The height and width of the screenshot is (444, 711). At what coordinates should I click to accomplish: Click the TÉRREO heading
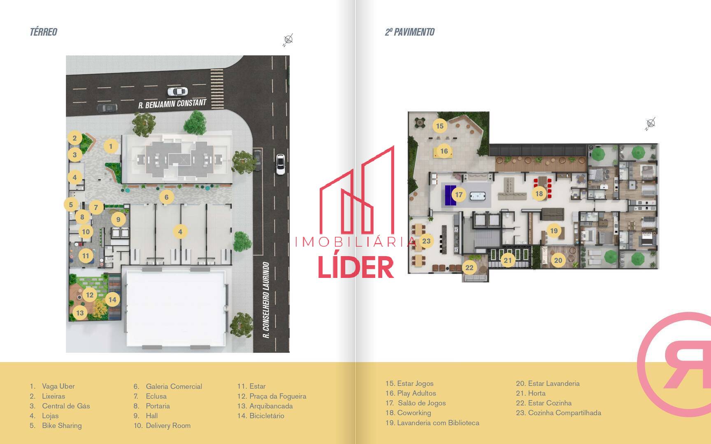pos(43,32)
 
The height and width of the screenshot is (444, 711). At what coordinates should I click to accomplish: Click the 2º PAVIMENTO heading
pos(409,32)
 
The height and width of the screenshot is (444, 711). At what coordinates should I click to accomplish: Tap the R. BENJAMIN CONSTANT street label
pos(172,104)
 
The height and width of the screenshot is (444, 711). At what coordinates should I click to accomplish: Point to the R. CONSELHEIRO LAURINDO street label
pos(266,300)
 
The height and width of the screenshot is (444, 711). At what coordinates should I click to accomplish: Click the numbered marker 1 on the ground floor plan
pos(110,146)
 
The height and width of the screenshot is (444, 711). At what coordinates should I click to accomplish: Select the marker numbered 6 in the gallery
pos(166,197)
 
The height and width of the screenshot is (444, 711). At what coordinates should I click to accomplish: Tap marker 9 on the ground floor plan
pos(118,219)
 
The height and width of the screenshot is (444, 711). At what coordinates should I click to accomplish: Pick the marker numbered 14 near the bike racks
pos(112,299)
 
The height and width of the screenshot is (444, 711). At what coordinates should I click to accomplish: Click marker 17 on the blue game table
pos(459,194)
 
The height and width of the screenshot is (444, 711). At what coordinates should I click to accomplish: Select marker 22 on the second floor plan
pos(469,268)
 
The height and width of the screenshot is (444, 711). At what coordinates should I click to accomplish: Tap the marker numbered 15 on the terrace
pos(440,126)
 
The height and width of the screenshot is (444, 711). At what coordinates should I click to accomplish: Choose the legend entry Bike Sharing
pos(56,425)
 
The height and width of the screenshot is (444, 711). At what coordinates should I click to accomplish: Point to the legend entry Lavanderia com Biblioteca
pos(432,423)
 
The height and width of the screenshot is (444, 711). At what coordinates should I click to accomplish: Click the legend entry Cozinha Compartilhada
pos(558,413)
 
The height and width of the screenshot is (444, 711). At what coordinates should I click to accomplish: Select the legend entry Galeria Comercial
pos(168,386)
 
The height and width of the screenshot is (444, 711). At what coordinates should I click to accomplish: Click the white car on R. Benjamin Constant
pos(177,91)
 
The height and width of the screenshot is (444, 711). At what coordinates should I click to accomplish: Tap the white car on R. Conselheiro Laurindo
pos(280,164)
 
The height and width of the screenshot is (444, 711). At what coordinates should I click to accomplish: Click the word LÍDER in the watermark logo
pos(356,267)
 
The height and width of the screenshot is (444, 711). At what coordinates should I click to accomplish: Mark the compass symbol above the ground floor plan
pos(288,40)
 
